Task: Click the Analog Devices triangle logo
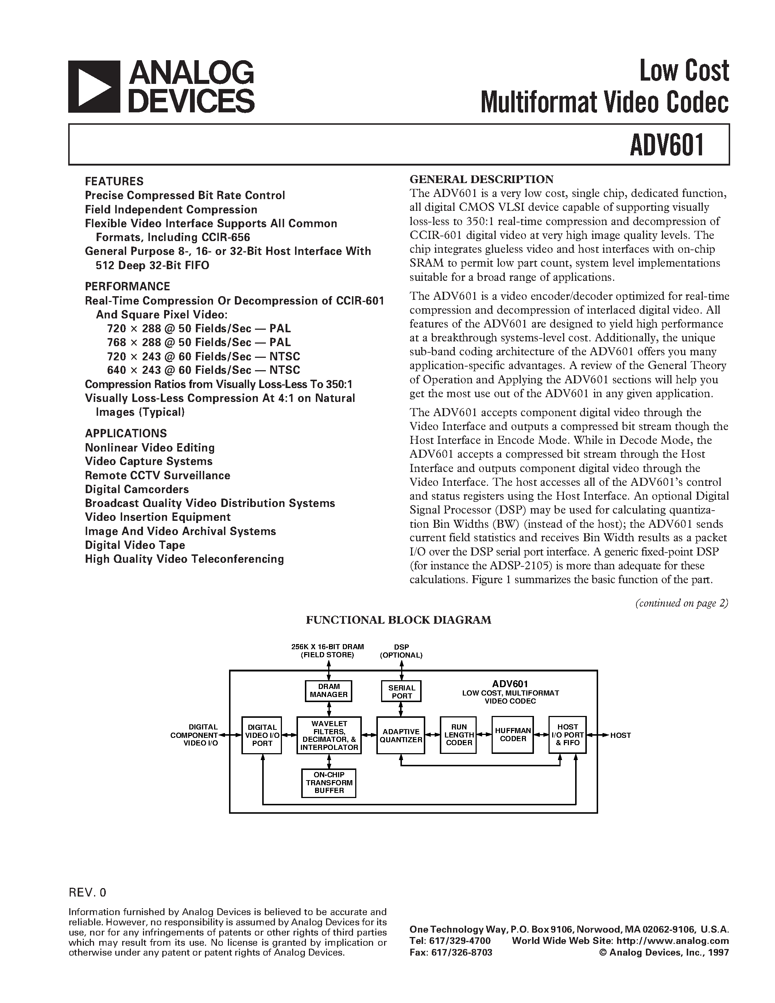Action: click(94, 87)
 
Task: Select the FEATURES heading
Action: click(114, 181)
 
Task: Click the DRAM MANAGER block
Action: click(329, 691)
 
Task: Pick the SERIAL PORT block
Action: click(401, 691)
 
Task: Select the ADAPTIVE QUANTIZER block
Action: click(401, 735)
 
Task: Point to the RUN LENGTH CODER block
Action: click(458, 735)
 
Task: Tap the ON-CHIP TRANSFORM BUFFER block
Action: click(329, 783)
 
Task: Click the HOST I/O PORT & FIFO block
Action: click(567, 735)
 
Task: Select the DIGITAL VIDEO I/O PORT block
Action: click(262, 735)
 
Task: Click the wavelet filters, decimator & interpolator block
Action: click(329, 735)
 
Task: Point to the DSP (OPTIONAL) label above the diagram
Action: click(401, 651)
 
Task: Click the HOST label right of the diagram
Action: click(620, 735)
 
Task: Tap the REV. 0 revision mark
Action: click(87, 892)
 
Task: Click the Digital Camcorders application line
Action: click(137, 489)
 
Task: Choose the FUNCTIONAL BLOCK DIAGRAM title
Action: click(399, 620)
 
